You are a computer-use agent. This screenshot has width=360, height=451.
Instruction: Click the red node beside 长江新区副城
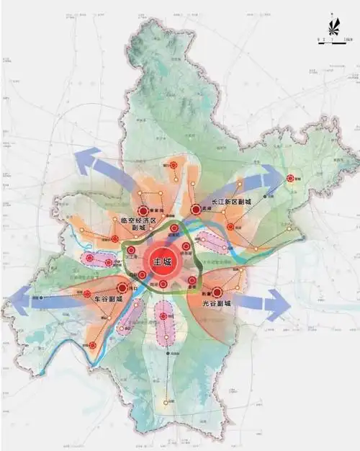click(196, 210)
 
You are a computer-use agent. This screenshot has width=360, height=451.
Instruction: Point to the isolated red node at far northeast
click(291, 178)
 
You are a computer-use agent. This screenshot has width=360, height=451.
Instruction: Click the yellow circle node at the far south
click(171, 402)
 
